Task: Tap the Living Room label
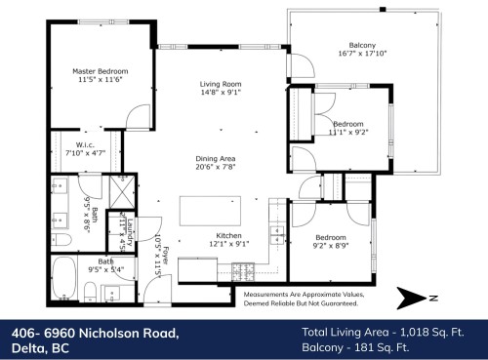click(x=212, y=86)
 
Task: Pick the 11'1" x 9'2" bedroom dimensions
click(x=348, y=134)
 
